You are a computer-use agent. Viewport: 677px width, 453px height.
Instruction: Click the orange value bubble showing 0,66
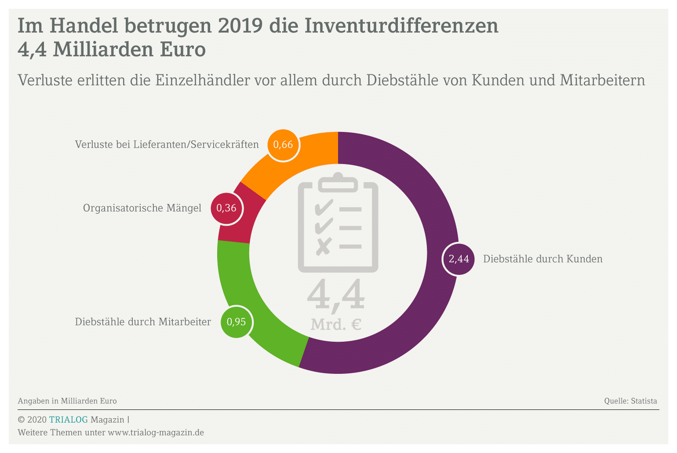283,145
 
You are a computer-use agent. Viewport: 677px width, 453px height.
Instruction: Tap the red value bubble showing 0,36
226,208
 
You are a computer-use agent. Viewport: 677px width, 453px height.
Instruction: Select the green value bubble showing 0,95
236,322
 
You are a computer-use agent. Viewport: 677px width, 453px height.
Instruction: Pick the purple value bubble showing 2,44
459,259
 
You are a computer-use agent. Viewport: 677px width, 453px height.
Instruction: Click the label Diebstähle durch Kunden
542,259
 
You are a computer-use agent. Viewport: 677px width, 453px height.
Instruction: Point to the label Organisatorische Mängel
142,208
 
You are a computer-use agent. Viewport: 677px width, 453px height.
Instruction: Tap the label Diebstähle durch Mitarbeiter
143,322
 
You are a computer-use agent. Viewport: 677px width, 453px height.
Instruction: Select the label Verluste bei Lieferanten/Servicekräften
167,145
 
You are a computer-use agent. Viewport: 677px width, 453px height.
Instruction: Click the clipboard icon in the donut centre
338,222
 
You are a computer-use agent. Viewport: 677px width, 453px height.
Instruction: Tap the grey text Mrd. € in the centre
336,325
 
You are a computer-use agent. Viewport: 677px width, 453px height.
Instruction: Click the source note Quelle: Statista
630,401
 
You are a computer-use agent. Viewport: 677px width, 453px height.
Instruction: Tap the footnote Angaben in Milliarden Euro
67,401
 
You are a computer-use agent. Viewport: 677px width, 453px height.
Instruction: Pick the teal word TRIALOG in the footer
68,420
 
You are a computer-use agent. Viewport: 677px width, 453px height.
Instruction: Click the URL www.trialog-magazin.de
156,433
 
